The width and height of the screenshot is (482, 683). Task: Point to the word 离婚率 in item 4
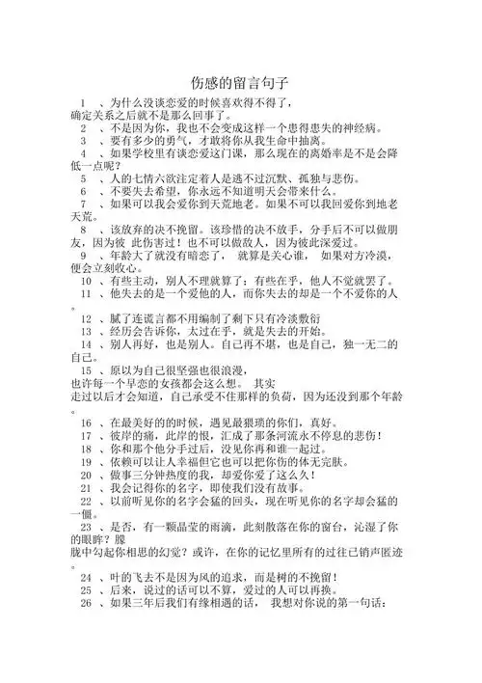click(x=351, y=152)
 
